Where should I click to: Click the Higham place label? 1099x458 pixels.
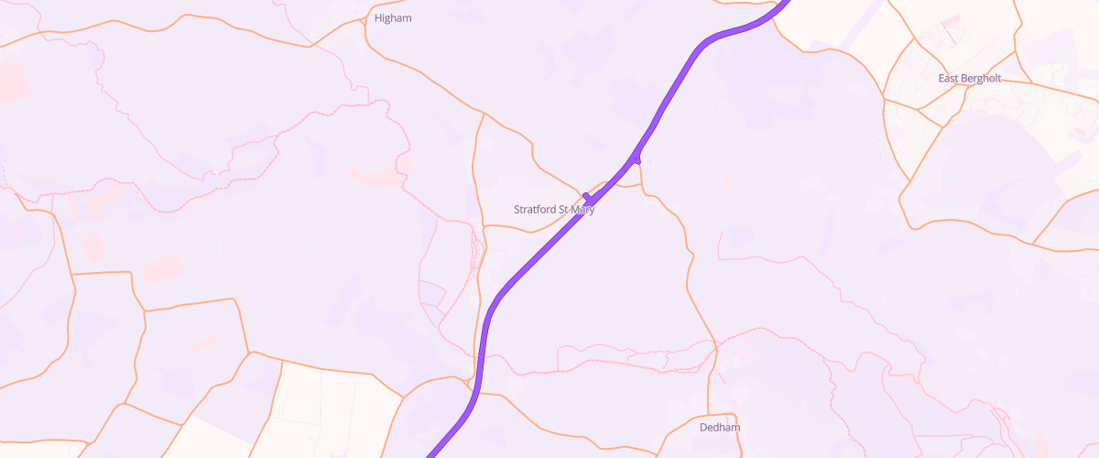[393, 17]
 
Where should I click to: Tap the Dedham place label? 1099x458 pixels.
[719, 428]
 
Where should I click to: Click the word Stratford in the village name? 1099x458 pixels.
[535, 210]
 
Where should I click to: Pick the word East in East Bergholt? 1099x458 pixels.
[949, 79]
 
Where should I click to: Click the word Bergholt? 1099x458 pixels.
[982, 79]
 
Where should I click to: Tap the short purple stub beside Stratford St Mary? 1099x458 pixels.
[587, 196]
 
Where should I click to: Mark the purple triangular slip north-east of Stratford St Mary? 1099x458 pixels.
[637, 159]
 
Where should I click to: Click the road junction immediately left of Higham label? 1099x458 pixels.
[366, 17]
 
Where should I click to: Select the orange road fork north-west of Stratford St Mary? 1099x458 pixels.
[483, 114]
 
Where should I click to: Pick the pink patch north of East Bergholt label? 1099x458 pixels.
[952, 20]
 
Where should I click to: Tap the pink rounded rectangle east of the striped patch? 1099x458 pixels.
[161, 269]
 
